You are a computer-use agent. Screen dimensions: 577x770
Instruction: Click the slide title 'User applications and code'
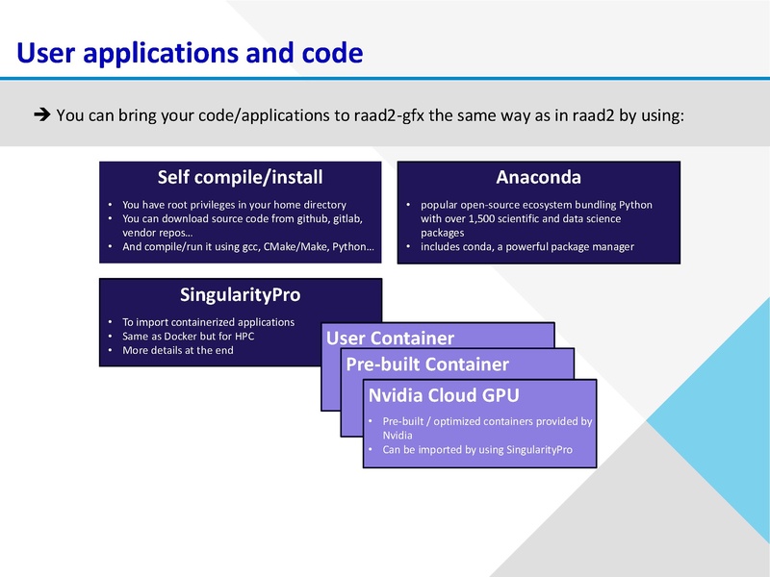190,52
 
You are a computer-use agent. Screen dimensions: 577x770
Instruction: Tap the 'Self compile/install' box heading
240,177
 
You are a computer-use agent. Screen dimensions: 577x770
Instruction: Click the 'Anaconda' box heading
538,177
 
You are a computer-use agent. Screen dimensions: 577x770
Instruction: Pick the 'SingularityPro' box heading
240,294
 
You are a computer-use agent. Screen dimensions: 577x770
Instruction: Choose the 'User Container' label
390,338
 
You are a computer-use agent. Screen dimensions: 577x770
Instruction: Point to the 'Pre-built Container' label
427,364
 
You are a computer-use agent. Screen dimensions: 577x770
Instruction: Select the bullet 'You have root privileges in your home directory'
234,205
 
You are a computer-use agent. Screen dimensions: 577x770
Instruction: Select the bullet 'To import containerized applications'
208,322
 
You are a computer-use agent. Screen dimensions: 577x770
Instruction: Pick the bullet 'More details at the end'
177,350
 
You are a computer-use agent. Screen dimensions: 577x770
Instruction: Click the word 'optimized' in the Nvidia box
470,422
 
